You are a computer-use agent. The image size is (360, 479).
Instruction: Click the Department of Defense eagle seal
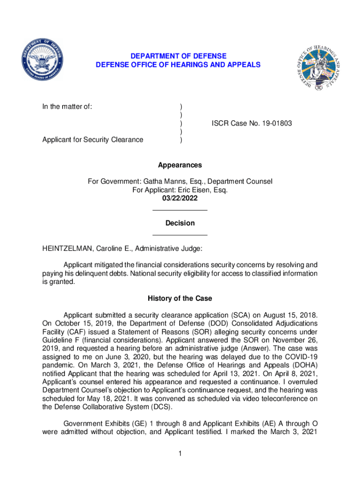tap(42, 60)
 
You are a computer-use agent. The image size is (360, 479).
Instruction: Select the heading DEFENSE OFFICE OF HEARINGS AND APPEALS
tap(178, 65)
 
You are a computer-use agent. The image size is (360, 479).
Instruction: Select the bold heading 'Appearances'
tap(180, 165)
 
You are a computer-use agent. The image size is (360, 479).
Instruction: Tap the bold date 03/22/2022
tap(180, 198)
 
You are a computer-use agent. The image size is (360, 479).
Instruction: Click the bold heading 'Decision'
tap(180, 224)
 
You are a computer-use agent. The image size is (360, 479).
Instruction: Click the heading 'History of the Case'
tap(180, 298)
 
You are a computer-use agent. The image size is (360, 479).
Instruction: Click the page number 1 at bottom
tap(180, 454)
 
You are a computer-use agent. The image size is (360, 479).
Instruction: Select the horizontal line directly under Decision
tap(180, 235)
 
